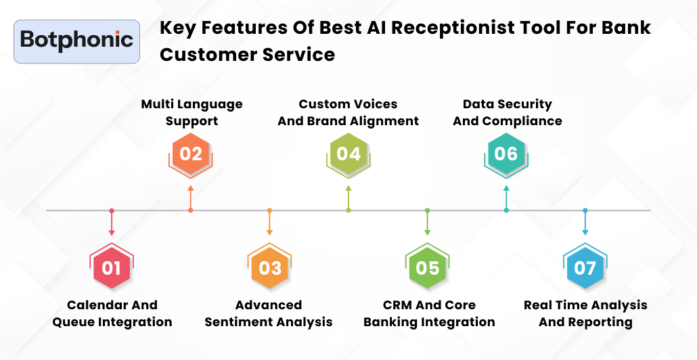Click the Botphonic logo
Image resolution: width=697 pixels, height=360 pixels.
[76, 41]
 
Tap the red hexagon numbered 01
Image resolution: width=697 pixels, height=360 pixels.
[112, 267]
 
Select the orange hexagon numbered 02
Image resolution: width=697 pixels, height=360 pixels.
[191, 154]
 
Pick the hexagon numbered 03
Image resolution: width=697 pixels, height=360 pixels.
[270, 267]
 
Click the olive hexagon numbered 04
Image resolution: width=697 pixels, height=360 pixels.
[348, 154]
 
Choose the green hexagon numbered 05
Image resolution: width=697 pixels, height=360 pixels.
[428, 267]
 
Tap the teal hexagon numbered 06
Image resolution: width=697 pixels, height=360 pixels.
[506, 154]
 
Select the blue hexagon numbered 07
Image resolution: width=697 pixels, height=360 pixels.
[585, 267]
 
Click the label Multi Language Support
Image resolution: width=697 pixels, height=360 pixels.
[192, 112]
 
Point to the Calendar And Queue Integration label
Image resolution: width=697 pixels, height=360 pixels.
[112, 313]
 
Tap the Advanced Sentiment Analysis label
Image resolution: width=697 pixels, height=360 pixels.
[269, 313]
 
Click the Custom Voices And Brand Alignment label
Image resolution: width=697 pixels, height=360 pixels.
[348, 112]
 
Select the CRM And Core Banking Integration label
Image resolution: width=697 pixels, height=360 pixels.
[429, 313]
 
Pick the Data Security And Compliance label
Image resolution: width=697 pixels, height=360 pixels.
[507, 112]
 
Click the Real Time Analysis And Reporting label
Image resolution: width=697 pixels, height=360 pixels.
[585, 313]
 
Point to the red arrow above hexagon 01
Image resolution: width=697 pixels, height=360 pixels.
[112, 223]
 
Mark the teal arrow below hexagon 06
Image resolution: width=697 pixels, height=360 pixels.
[506, 196]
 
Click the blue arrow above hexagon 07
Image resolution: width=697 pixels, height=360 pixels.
[585, 223]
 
